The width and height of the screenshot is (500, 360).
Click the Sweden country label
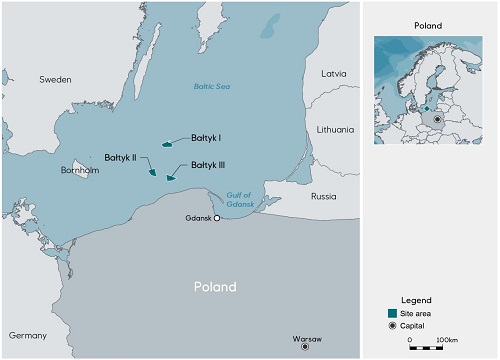55,78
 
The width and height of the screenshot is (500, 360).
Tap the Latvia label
333,73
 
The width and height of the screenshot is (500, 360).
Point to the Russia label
324,196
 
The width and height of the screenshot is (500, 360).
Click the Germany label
27,335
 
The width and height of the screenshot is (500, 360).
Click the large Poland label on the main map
215,287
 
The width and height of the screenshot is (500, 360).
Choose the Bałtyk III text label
208,164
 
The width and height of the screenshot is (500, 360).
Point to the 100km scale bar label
446,339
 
